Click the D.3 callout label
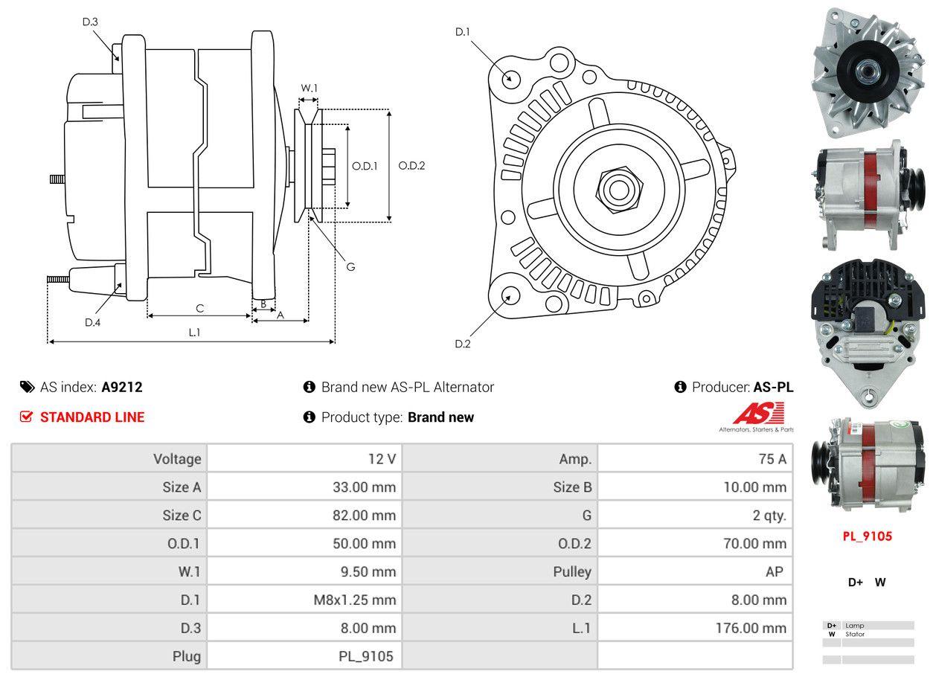point(90,22)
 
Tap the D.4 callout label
point(92,322)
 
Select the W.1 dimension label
point(309,88)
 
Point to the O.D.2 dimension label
point(411,166)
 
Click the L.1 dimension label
point(194,333)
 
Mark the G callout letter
point(350,266)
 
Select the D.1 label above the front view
point(463,32)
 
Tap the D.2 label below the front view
point(463,344)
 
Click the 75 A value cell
point(695,459)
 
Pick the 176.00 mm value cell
point(695,628)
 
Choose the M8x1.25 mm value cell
point(304,600)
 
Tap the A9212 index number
point(122,387)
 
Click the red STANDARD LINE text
point(92,417)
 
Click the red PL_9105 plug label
point(867,536)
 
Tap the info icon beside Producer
point(680,387)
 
